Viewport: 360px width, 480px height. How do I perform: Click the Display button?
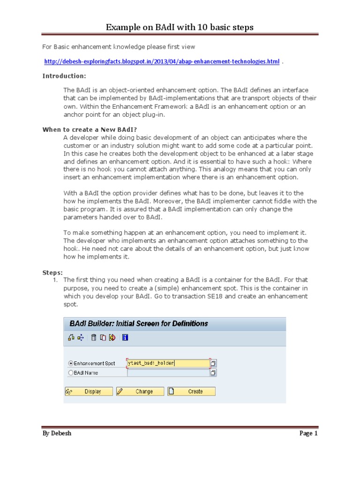(89, 391)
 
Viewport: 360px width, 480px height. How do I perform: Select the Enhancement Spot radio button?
(71, 363)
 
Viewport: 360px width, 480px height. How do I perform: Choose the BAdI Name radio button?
(71, 373)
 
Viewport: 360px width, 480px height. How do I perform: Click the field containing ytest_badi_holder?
(168, 363)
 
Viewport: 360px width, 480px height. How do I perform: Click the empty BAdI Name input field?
(168, 373)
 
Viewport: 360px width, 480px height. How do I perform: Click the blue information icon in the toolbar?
(125, 337)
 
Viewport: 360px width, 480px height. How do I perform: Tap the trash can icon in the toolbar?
(94, 337)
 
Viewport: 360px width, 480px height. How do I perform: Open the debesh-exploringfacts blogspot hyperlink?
(162, 62)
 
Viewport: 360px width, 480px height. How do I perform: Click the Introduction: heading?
(64, 76)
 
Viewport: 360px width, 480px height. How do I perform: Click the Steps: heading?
(52, 272)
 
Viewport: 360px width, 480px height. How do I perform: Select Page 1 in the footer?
(308, 433)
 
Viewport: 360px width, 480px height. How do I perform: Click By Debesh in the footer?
(57, 433)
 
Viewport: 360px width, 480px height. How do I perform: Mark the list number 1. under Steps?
(55, 280)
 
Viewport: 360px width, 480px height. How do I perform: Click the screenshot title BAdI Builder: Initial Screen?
(139, 323)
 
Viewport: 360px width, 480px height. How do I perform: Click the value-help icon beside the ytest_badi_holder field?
(213, 363)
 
